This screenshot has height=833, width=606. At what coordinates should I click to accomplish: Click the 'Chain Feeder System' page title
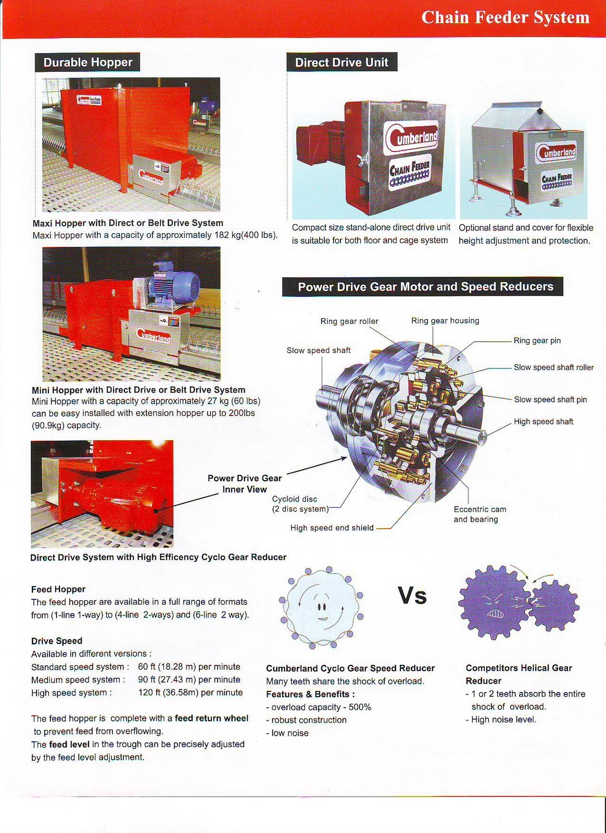[505, 18]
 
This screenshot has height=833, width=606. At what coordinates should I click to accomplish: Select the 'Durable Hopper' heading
[88, 62]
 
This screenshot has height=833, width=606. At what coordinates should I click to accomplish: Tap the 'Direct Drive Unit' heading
[342, 62]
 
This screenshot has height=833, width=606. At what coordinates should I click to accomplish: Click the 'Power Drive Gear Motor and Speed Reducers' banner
[425, 287]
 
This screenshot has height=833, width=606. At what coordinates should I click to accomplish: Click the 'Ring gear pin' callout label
[537, 340]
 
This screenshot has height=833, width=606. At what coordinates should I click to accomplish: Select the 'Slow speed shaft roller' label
[553, 367]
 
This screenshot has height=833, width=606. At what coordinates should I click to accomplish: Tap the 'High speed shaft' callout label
[543, 422]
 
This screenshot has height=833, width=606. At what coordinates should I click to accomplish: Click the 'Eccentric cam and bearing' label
[479, 514]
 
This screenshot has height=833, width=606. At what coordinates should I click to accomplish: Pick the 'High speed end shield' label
[332, 528]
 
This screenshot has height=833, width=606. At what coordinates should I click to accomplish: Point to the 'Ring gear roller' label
[349, 321]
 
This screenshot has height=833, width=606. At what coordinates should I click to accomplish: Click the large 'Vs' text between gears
[412, 596]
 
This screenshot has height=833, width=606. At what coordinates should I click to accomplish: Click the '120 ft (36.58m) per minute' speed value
[190, 692]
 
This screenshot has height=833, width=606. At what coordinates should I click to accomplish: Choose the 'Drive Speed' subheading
[57, 641]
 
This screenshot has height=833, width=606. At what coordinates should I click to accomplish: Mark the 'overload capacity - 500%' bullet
[319, 707]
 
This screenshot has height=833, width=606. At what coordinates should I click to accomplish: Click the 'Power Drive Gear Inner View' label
[244, 484]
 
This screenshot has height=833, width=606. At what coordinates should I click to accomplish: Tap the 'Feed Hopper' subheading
[58, 589]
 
